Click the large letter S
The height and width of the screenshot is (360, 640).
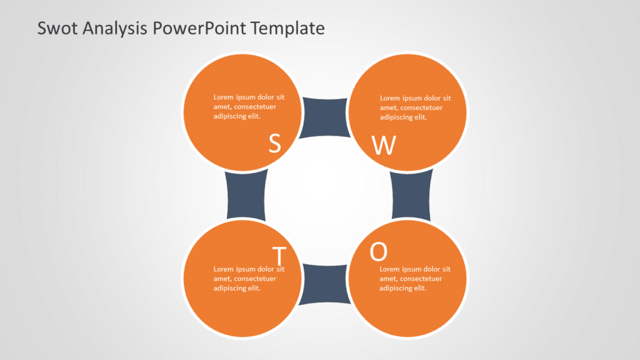274,143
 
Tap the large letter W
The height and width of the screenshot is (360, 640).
384,145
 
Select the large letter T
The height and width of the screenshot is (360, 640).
279,256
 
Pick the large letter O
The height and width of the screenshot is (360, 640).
379,251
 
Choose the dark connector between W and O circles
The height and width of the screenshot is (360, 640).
411,196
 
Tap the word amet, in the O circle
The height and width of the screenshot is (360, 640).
389,279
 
